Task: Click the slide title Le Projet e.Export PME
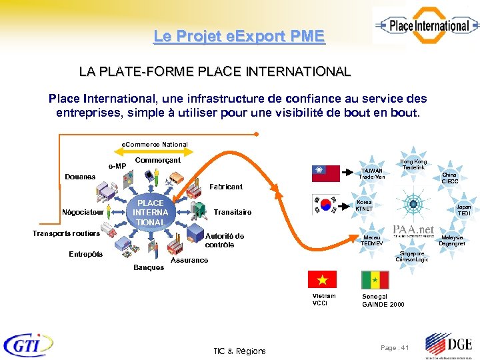239,36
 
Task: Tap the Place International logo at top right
425,26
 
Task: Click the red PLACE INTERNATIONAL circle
150,213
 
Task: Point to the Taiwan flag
326,173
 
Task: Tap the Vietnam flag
321,279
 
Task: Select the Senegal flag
375,279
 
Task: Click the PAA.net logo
413,231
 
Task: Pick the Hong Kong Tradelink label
413,165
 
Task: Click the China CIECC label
450,178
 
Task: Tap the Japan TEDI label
463,211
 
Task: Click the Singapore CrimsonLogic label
411,256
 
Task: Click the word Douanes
79,177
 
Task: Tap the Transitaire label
233,212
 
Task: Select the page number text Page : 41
395,348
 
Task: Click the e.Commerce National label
155,144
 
